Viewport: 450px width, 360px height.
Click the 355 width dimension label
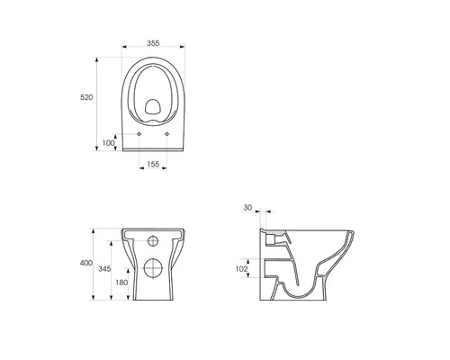coord(153,43)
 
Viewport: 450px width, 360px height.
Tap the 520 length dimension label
coord(86,97)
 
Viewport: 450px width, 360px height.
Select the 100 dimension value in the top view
coord(108,143)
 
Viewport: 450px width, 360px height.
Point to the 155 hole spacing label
coord(153,164)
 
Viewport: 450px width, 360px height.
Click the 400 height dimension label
coord(86,263)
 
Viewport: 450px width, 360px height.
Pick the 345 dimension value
coord(104,269)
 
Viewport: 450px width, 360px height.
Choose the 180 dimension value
coord(121,283)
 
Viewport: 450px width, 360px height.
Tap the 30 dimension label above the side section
coord(247,208)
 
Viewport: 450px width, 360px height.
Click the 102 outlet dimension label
coord(241,269)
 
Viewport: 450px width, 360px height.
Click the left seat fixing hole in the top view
coord(139,134)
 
